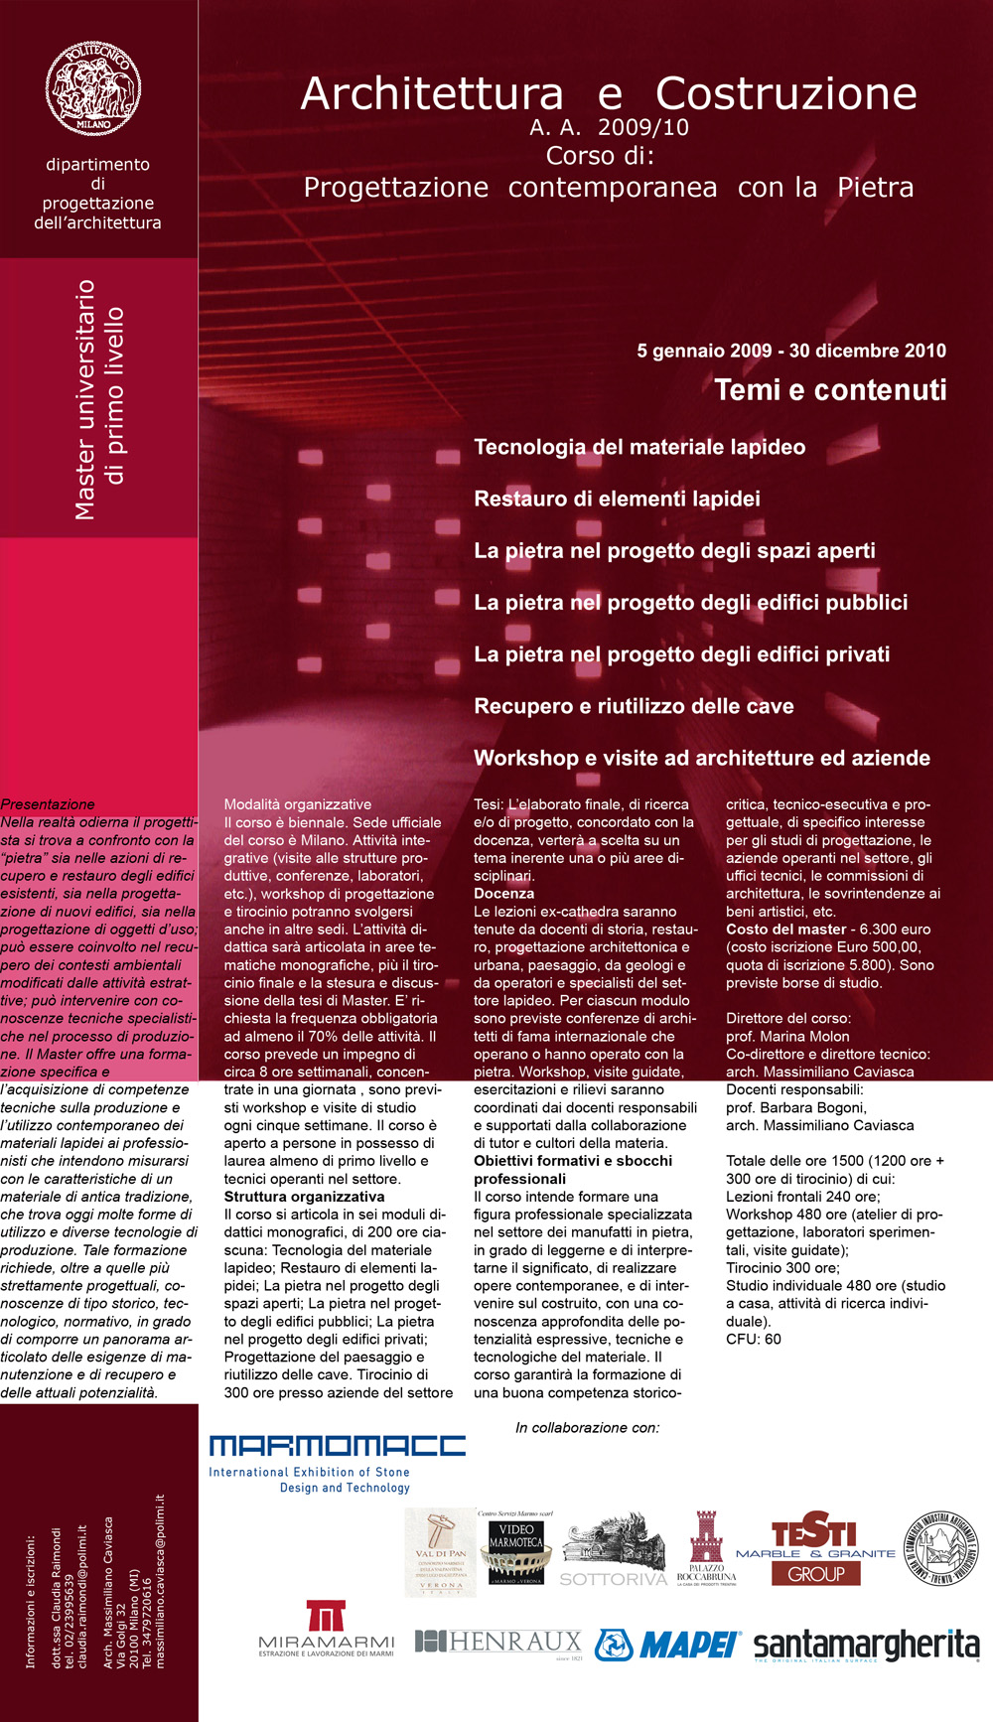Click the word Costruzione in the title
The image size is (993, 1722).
coord(785,93)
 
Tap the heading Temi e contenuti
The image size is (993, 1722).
coord(830,390)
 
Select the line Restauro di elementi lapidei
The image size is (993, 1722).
coord(617,499)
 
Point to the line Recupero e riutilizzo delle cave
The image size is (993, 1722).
coord(634,706)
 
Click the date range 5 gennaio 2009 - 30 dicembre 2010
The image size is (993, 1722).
coord(790,351)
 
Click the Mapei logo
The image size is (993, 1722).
coord(667,1645)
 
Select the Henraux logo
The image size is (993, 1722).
coord(497,1643)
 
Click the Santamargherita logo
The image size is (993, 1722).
coord(866,1645)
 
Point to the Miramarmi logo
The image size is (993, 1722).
coord(326,1629)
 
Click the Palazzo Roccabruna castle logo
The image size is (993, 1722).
coord(706,1548)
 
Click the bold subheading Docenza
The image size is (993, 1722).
coord(503,894)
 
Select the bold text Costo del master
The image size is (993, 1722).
coord(785,930)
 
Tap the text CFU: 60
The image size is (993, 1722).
coord(753,1339)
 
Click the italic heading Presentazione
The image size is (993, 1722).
coord(48,804)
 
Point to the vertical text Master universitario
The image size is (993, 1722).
coord(85,399)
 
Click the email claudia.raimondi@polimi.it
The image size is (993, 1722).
coord(82,1596)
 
